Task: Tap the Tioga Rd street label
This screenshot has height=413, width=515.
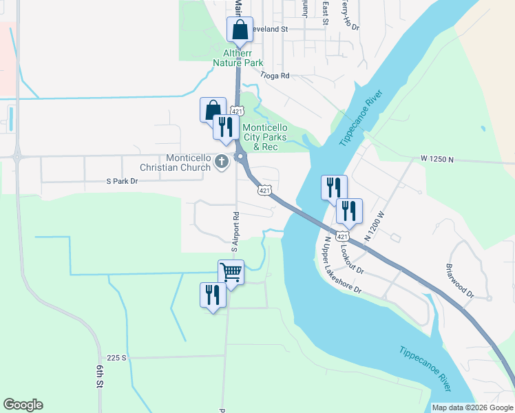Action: coord(275,76)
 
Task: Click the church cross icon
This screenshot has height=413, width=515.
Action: coord(221,162)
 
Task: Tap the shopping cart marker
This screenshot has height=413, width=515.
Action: coord(231,272)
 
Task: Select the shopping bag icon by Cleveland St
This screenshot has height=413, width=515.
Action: coord(240,30)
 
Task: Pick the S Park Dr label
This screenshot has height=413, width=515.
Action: coord(122,181)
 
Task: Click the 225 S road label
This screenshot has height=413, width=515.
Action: coord(117,358)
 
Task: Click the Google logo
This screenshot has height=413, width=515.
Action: coord(23,405)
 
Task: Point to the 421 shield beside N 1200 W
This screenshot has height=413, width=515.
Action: coord(342,236)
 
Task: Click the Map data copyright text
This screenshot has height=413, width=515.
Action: coord(473,407)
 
